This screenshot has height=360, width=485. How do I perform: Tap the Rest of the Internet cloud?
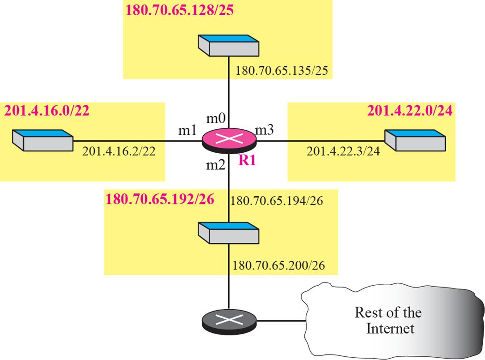pos(388,320)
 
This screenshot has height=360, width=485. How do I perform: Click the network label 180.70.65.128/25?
pos(180,10)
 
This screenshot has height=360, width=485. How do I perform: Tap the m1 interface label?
pos(189,131)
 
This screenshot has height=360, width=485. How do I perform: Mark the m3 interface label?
pos(265,131)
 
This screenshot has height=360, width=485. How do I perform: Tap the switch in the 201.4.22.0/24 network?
pos(415,140)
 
